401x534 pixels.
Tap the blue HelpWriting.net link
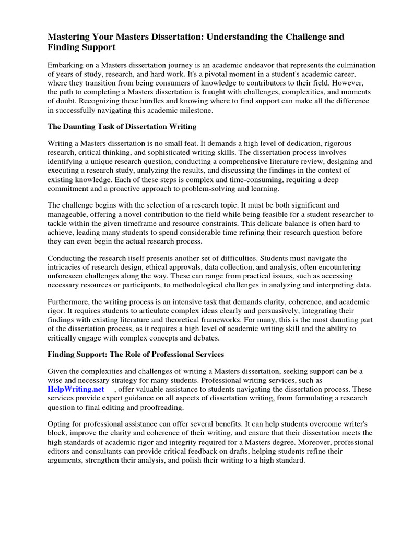click(76, 389)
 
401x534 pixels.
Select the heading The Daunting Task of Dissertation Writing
click(122, 126)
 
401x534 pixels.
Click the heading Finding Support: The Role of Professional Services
click(136, 354)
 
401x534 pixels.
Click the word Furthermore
click(68, 302)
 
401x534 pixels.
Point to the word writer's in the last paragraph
click(359, 424)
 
